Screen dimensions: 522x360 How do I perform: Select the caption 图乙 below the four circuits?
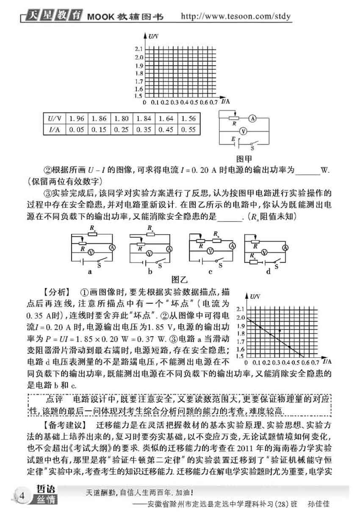(x=180, y=279)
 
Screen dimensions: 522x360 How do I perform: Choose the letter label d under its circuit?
(x=268, y=271)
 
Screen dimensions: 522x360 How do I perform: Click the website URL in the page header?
(x=236, y=17)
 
